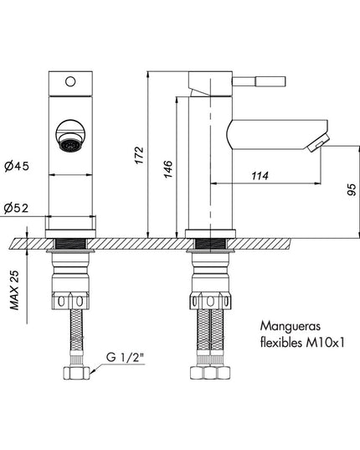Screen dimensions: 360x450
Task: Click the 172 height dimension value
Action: [x=139, y=155]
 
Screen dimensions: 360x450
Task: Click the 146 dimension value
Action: [x=168, y=169]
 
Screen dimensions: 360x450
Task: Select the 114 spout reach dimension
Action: [x=260, y=176]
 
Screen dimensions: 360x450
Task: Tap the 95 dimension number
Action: [x=352, y=189]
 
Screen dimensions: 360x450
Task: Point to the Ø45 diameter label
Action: [x=17, y=166]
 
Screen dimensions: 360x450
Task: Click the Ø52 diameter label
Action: [x=17, y=208]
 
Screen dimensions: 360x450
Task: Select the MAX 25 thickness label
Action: [x=14, y=290]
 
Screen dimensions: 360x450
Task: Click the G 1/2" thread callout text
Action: [x=126, y=357]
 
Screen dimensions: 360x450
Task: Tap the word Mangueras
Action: [x=290, y=326]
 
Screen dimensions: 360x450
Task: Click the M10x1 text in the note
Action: [x=325, y=343]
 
